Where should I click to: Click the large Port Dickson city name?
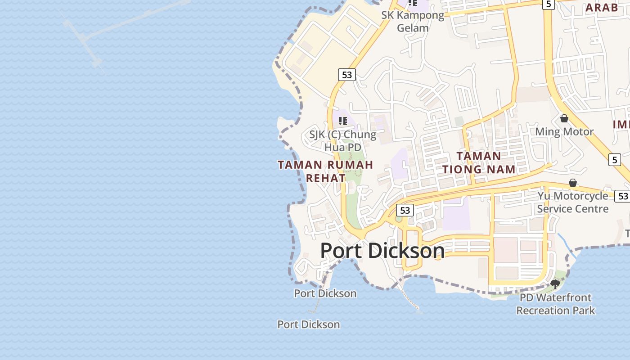point(382,251)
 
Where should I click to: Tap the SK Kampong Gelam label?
point(413,21)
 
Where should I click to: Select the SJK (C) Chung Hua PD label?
point(342,141)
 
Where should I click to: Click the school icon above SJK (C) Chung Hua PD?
point(343,121)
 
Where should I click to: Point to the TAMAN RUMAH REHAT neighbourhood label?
point(325,171)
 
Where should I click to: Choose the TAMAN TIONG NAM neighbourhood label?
point(479,162)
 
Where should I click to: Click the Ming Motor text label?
point(564,132)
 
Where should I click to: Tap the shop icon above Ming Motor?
point(564,118)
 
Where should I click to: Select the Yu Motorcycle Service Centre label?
point(572,202)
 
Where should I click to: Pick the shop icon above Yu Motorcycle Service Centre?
point(573,183)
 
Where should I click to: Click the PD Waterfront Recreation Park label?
point(555,304)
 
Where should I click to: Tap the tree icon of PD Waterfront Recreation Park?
point(555,284)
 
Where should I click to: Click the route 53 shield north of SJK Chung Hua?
point(346,75)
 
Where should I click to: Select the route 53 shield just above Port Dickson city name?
point(405,210)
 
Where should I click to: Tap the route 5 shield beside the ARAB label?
point(548,4)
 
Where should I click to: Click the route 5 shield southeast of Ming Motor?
point(615,159)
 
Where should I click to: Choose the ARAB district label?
point(602,8)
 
